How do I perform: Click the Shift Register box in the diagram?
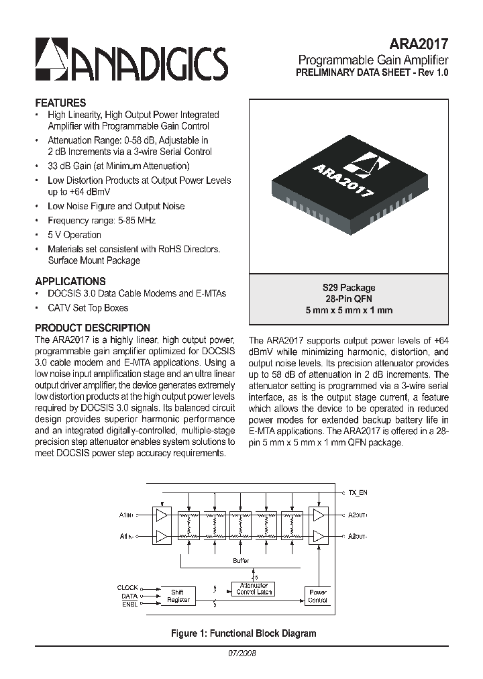tap(177, 596)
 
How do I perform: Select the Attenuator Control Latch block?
tap(254, 588)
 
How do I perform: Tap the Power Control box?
tap(317, 596)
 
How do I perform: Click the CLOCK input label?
tap(127, 588)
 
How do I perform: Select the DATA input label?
tap(129, 596)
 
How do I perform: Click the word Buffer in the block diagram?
tap(241, 560)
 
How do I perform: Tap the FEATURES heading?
tap(60, 103)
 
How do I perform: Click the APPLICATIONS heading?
tap(70, 282)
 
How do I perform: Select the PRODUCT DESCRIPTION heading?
tap(93, 328)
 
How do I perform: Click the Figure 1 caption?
tap(244, 633)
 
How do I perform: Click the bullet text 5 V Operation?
tap(74, 235)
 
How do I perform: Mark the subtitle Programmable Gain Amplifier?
tap(373, 59)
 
